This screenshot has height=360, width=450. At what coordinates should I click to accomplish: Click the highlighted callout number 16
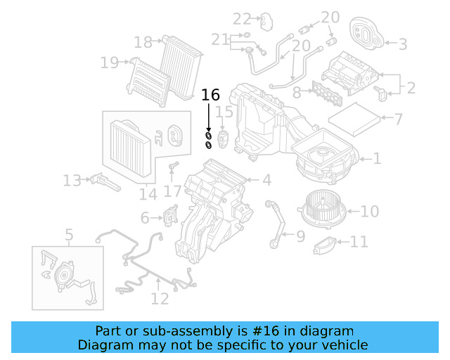coord(210,95)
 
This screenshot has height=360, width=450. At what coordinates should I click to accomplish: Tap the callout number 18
coord(143,43)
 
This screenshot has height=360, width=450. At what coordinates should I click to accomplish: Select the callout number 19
coord(109,63)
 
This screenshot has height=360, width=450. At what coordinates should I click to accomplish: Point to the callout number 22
coord(242,18)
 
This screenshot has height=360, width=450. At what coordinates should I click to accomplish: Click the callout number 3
coord(403,44)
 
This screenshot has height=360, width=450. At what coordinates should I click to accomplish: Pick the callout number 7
coord(398,119)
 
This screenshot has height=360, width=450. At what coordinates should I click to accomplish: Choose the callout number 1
coord(377,159)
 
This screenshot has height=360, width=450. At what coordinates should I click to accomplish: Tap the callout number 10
coord(370,210)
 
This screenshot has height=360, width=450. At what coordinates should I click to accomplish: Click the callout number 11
coord(359,243)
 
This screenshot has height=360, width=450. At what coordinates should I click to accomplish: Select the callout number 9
coord(300,237)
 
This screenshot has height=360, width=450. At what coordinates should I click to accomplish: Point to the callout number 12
coord(160,299)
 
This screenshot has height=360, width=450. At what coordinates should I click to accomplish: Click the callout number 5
coord(69,234)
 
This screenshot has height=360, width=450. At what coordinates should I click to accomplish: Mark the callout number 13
coord(72,181)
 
